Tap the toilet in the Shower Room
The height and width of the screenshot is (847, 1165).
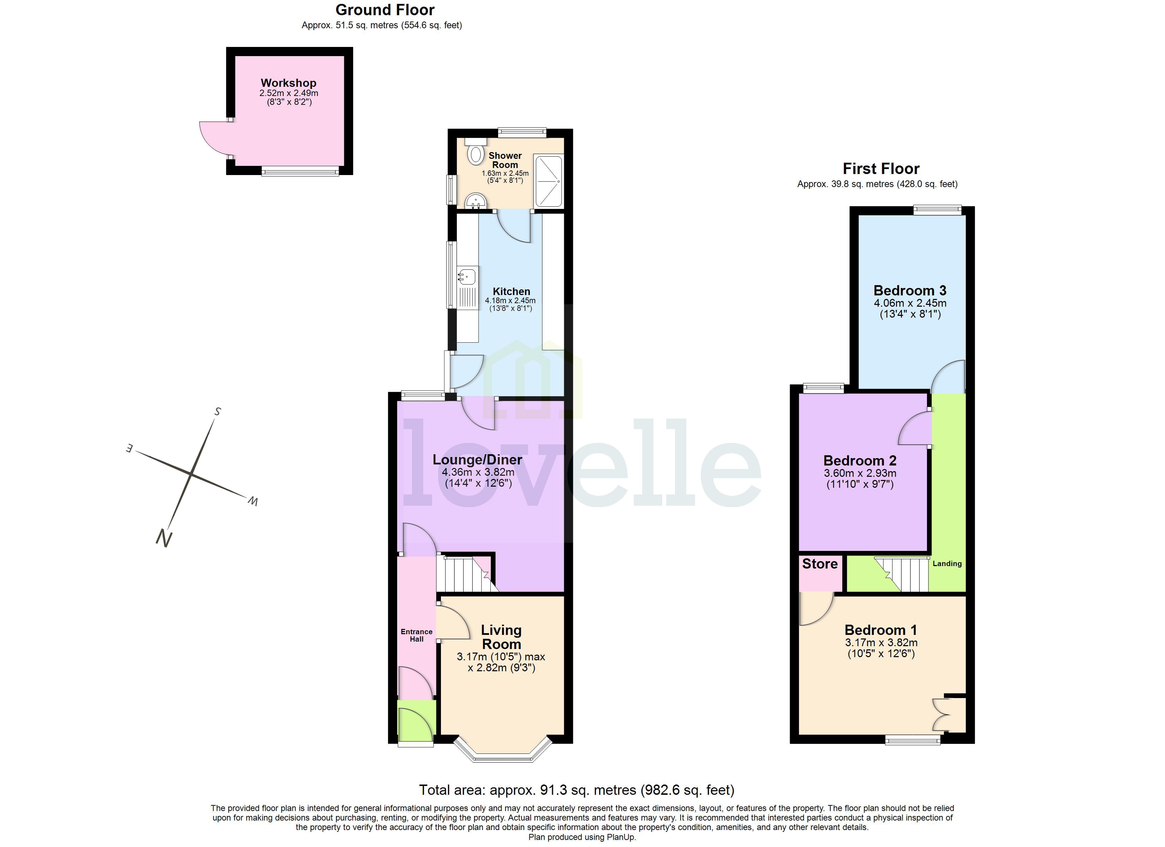coord(476,154)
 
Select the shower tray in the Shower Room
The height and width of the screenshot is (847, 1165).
coord(548,181)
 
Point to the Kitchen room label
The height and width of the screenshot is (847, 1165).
coord(511,291)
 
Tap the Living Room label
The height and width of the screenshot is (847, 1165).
coord(501,637)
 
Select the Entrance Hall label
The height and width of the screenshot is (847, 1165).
coord(417,635)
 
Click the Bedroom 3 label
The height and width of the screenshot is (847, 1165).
coord(910,291)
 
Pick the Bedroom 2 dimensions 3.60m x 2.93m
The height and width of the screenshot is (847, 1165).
coord(860,473)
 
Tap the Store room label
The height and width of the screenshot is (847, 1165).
coord(820,564)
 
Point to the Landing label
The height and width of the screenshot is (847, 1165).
coord(947,564)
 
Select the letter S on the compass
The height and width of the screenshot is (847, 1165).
coord(218,412)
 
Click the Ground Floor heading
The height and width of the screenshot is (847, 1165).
coord(385,10)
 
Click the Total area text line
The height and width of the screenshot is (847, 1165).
coord(576,789)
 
